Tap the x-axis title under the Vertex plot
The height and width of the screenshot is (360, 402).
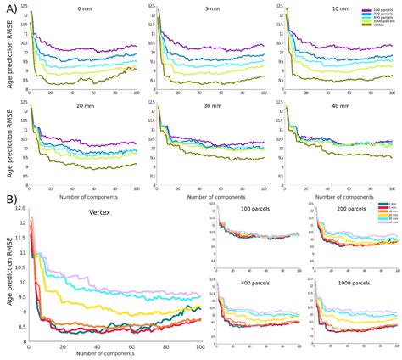[x=115, y=354]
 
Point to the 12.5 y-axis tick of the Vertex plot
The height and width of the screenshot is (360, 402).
[x=20, y=211]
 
